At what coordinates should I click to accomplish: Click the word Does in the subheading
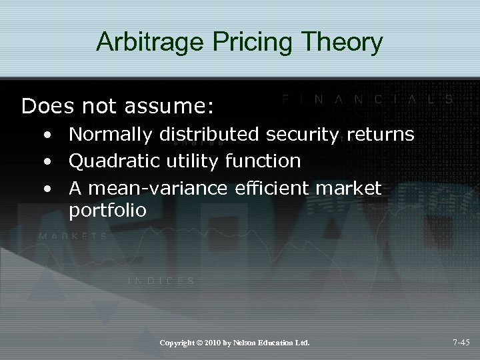[45, 105]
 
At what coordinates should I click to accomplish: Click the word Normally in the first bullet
[111, 135]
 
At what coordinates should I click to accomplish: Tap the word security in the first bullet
[305, 135]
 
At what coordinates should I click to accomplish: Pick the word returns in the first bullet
[381, 135]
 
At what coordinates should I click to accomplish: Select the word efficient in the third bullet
[275, 188]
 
